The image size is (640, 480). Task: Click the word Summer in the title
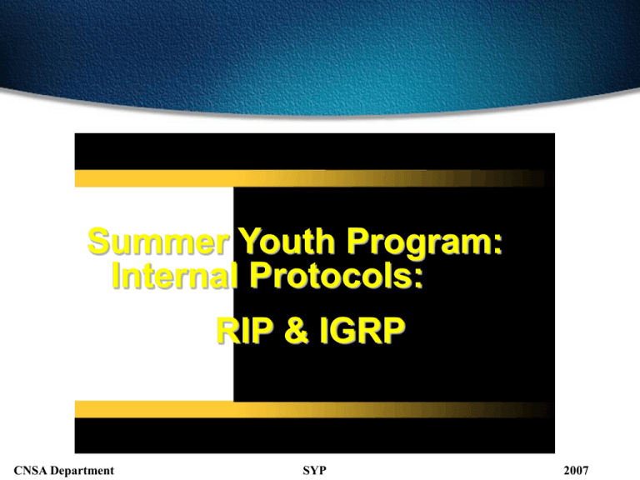tap(157, 241)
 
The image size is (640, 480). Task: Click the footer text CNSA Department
tap(64, 471)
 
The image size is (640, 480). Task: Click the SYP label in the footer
tap(314, 471)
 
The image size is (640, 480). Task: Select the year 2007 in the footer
tap(576, 471)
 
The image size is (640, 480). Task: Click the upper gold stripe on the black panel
tap(309, 178)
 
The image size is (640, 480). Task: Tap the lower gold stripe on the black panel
tap(313, 409)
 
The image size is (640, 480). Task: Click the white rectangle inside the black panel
tap(154, 294)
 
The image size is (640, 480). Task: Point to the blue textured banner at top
tap(320, 53)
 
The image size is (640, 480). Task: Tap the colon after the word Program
tap(498, 244)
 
